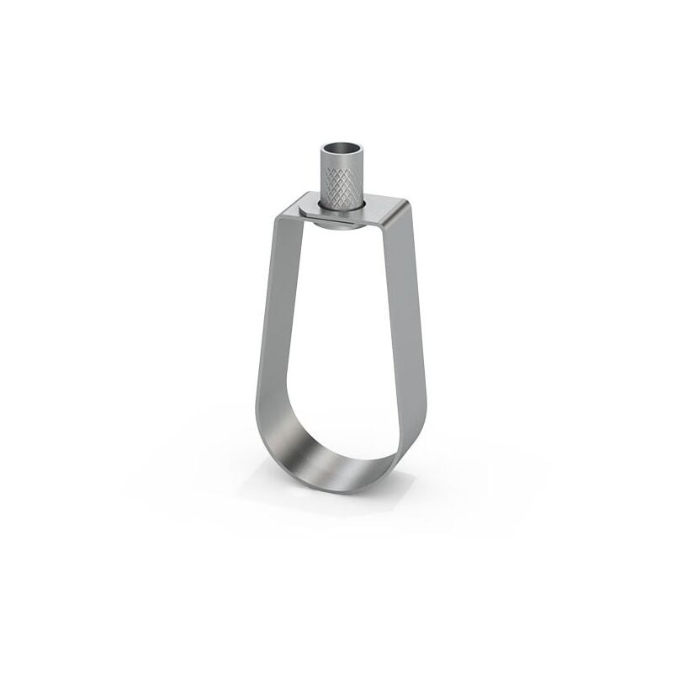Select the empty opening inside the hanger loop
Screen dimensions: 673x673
coord(341,336)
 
